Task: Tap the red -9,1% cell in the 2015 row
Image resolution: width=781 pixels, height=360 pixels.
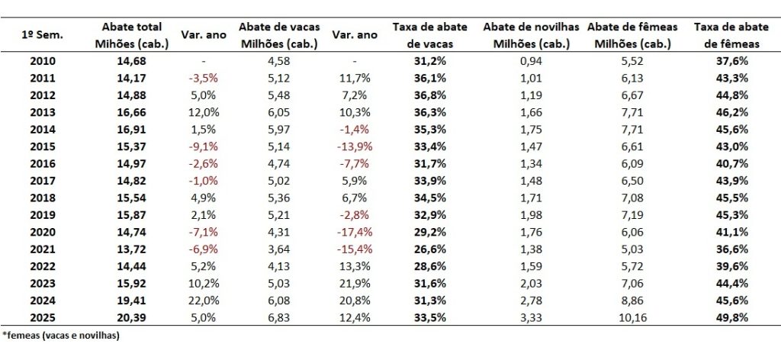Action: point(204,145)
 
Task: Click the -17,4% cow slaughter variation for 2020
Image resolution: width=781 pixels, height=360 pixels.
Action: point(355,231)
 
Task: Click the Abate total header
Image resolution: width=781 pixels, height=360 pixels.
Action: point(130,35)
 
